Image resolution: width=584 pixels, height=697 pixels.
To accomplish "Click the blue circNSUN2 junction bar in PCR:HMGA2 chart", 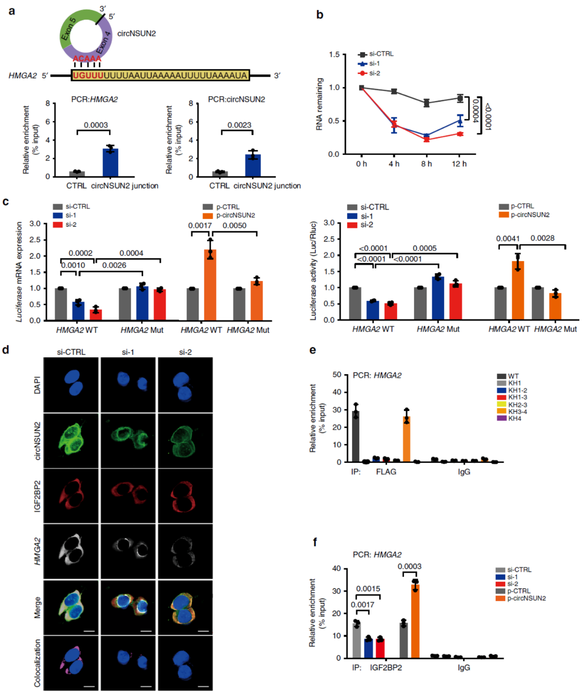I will tap(110, 163).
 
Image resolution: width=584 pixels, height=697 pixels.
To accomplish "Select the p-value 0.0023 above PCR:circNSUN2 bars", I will tap(239, 125).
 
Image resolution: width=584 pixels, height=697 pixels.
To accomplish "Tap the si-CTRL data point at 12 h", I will tap(460, 98).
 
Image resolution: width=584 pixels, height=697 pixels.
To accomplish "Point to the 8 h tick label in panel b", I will tap(427, 164).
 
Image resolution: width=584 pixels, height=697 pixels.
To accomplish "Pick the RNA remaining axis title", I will tap(319, 104).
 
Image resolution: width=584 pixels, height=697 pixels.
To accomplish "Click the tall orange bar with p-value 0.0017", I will tap(210, 285).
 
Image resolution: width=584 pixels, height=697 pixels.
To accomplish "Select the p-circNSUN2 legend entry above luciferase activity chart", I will tap(525, 215).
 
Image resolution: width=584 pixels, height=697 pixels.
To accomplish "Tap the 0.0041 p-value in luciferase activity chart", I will tap(508, 239).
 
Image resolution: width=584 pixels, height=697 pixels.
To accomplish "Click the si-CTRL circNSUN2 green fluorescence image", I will tap(71, 440).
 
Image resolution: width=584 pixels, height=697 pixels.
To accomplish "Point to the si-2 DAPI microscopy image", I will tap(185, 385).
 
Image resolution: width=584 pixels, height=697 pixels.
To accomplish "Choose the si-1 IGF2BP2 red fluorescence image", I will tap(128, 496).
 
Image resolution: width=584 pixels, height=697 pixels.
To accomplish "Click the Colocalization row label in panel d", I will tap(37, 663).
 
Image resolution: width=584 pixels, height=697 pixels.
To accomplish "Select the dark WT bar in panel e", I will tap(355, 436).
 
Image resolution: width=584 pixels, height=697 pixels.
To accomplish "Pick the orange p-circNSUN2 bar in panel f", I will tap(415, 621).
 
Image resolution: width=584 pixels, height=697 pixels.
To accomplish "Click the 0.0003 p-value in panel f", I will tap(410, 566).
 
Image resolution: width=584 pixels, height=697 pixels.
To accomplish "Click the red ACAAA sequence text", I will tap(87, 59).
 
